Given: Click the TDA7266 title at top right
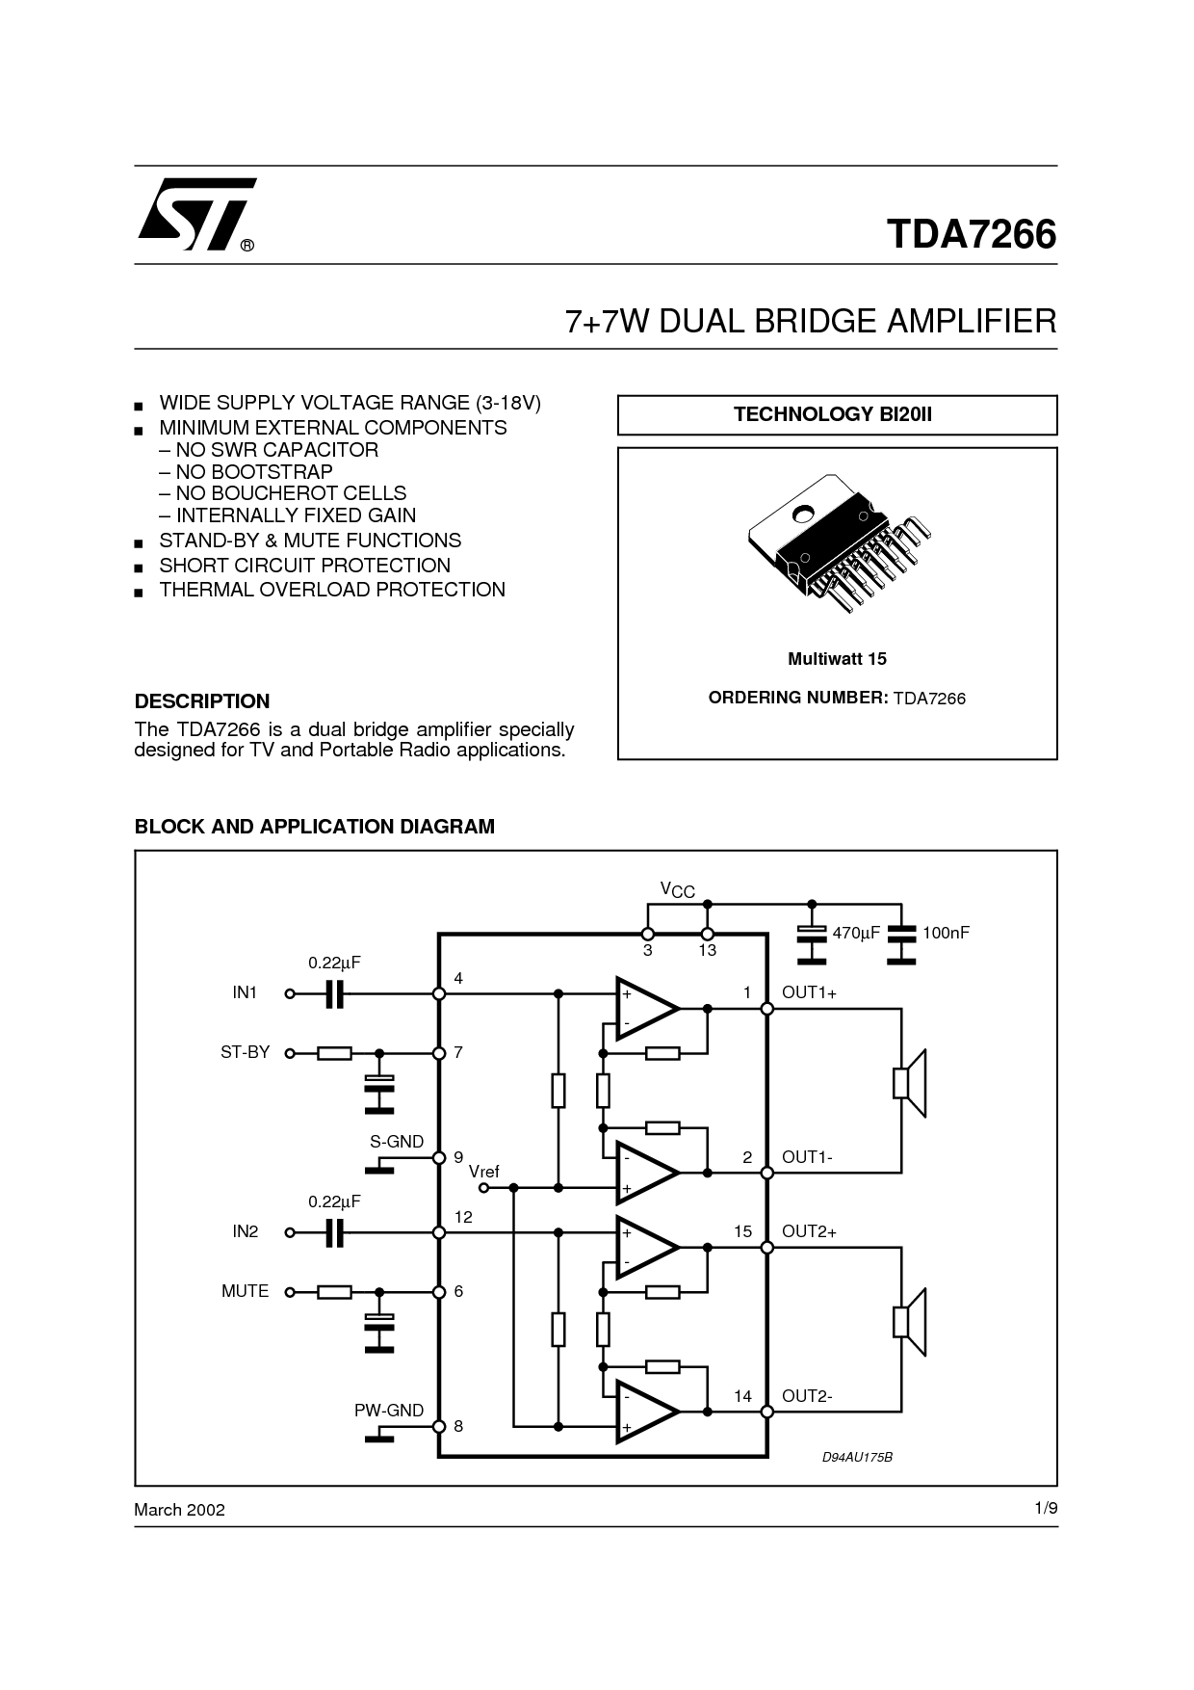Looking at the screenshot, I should [971, 234].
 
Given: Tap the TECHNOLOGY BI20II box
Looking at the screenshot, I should [836, 414].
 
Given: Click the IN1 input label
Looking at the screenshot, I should [245, 992].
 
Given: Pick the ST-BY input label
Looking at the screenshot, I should [245, 1052].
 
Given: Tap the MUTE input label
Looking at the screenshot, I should [245, 1291].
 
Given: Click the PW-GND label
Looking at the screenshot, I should [389, 1411].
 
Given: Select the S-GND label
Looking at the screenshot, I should [397, 1142].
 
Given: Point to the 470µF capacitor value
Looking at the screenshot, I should [857, 933].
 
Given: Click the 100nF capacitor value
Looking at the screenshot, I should [946, 933].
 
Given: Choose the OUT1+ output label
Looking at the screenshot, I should [809, 992].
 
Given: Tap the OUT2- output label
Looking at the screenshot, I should [807, 1395].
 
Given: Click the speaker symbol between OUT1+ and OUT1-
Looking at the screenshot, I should [910, 1083].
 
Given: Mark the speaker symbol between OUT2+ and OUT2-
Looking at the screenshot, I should [910, 1322].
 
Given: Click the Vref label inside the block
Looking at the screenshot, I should [484, 1172].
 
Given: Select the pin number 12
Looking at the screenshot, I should [463, 1217].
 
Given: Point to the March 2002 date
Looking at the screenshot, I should [179, 1510].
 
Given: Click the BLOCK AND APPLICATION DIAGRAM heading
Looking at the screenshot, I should [315, 827].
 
